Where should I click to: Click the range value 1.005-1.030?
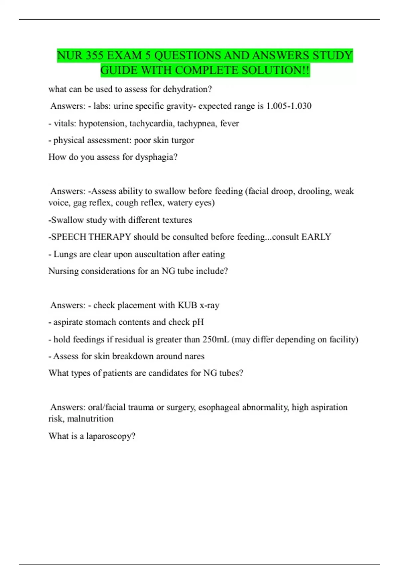(x=289, y=106)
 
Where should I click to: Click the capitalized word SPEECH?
(x=69, y=237)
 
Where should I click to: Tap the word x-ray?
(x=209, y=305)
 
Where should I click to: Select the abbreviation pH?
(x=198, y=322)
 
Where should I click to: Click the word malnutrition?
(x=90, y=419)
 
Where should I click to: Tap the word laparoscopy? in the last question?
(x=111, y=436)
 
